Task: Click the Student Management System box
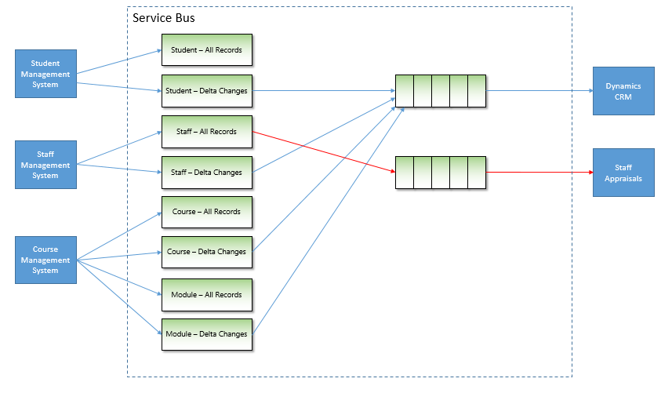click(45, 74)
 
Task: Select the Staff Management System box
click(45, 165)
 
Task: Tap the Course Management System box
click(45, 260)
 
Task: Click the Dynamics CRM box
click(623, 91)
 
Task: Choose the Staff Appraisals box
click(623, 173)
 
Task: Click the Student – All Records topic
click(207, 49)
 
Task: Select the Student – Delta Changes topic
click(207, 91)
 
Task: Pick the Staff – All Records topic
click(207, 132)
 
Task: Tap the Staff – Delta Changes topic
click(207, 173)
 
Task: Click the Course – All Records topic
click(207, 212)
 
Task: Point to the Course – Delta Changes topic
click(207, 252)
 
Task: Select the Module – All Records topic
click(207, 295)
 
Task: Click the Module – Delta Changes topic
click(207, 334)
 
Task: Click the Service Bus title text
click(164, 18)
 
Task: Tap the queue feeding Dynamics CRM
click(441, 91)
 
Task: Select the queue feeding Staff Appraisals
click(441, 173)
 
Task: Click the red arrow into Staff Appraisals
click(539, 172)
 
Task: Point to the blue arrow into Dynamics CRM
click(539, 90)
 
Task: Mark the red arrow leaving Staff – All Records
click(324, 151)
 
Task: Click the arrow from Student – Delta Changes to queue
click(324, 90)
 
